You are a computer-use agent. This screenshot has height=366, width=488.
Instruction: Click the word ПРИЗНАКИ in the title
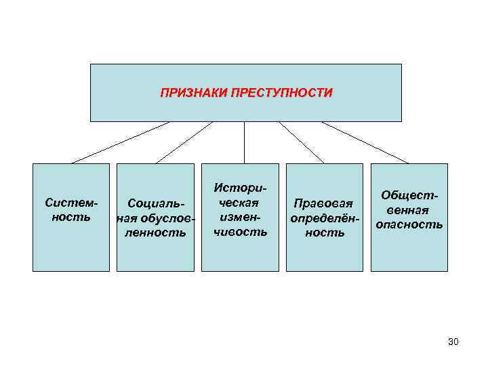click(x=193, y=92)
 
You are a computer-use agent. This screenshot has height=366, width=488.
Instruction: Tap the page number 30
click(x=453, y=342)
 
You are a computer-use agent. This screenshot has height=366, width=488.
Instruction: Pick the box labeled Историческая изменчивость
click(x=241, y=254)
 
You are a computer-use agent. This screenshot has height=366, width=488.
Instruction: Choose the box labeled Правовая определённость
click(x=324, y=254)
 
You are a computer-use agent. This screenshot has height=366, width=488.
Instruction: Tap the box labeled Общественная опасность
click(x=409, y=251)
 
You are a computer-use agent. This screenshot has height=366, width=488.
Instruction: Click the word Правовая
click(x=324, y=203)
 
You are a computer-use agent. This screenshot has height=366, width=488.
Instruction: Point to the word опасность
click(x=409, y=224)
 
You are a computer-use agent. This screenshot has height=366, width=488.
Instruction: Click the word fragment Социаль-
click(x=155, y=203)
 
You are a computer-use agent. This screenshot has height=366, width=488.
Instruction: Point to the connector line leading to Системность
click(x=121, y=142)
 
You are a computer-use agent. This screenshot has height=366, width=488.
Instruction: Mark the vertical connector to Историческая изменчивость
click(x=244, y=142)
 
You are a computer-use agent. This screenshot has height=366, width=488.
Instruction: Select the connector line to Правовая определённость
click(x=302, y=142)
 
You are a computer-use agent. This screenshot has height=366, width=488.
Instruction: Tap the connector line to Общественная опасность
click(x=365, y=142)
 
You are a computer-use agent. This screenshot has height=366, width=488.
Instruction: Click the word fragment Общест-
click(x=409, y=195)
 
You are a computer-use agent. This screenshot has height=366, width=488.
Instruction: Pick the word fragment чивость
click(x=241, y=232)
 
